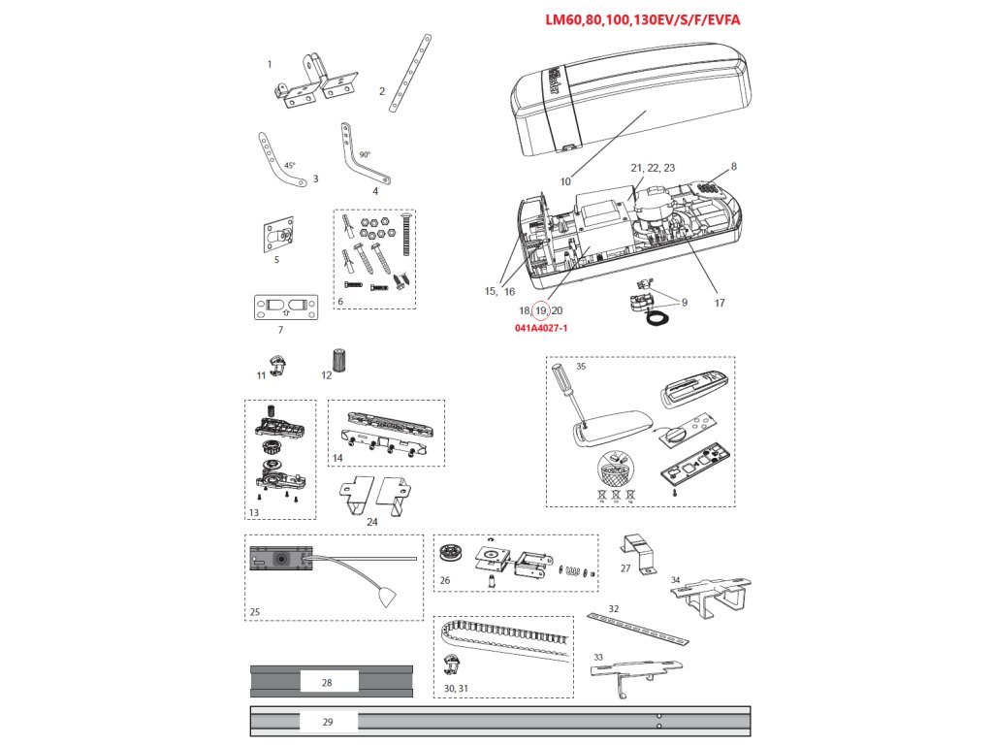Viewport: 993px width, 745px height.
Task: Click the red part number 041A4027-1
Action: (x=541, y=329)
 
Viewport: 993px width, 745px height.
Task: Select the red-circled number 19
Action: (x=541, y=310)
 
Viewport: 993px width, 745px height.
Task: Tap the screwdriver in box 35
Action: (x=566, y=394)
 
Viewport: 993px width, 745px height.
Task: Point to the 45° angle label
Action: (x=290, y=166)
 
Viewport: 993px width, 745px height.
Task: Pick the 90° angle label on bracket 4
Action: (x=365, y=154)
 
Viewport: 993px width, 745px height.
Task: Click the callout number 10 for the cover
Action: (x=564, y=181)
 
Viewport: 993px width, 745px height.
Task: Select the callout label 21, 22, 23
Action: (x=653, y=168)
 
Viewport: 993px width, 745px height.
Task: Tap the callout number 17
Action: (x=719, y=303)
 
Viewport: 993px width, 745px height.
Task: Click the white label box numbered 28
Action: (x=327, y=683)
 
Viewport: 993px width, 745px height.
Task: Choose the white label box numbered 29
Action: (x=327, y=722)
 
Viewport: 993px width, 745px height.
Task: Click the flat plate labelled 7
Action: (x=285, y=307)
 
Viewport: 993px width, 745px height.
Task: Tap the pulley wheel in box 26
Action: (x=453, y=558)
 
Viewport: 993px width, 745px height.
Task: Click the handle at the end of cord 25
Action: (x=389, y=596)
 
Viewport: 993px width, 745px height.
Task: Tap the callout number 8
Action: (x=734, y=167)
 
